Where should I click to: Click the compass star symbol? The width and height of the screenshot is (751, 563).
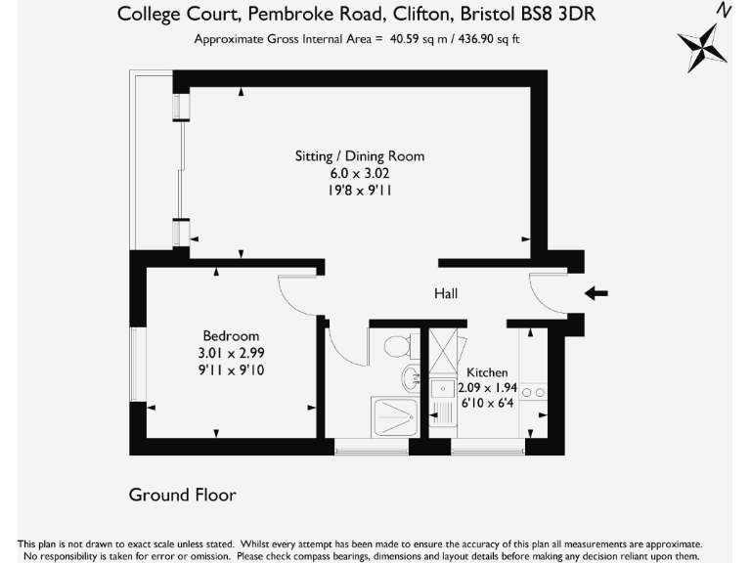703,47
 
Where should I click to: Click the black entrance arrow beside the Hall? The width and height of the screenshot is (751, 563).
596,292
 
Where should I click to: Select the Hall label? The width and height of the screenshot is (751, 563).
446,293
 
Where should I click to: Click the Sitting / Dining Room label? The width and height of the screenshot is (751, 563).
360,155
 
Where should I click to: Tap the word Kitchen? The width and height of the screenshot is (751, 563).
486,372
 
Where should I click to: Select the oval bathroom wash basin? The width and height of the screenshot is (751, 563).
410,377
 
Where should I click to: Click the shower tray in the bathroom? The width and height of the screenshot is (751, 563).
395,416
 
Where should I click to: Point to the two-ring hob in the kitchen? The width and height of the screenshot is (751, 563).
534,392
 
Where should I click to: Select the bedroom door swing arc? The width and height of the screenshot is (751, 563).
295,293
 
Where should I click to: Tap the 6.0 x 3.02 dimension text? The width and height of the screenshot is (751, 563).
360,173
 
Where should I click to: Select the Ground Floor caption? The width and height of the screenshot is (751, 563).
182,495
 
